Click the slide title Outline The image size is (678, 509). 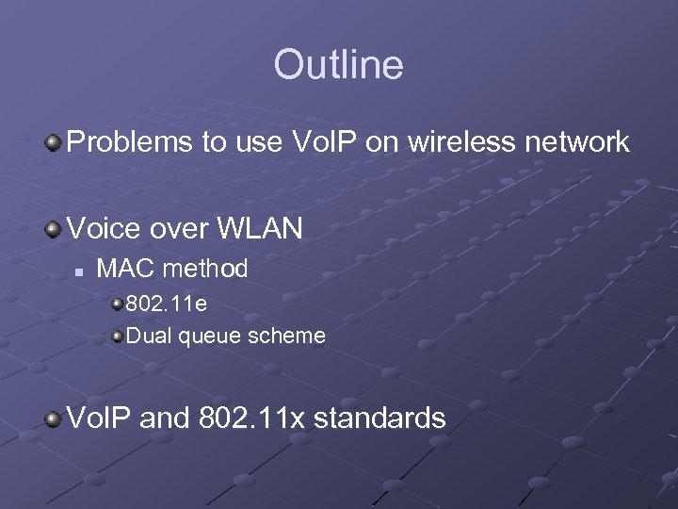(x=338, y=65)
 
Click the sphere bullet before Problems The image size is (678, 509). (x=54, y=143)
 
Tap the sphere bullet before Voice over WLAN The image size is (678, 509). (x=54, y=228)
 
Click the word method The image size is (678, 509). (x=205, y=269)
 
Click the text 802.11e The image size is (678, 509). (x=167, y=304)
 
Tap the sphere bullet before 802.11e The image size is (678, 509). (x=117, y=305)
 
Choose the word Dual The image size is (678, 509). (x=144, y=335)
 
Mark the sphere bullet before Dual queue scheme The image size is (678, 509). (x=117, y=336)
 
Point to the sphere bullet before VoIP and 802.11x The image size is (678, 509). (x=54, y=418)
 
